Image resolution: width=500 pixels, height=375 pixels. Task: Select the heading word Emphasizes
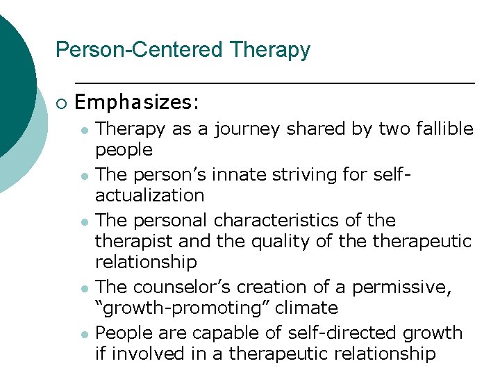[135, 103]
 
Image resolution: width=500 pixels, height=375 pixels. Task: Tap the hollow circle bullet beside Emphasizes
[60, 103]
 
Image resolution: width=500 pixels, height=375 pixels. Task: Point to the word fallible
[441, 128]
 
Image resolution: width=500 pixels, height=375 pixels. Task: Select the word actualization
[149, 195]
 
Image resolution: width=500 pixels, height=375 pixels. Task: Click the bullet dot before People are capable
[83, 334]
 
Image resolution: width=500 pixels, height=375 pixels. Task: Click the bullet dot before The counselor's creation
[83, 287]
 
